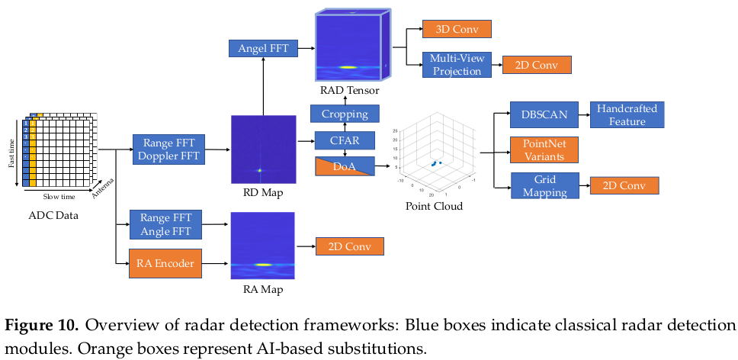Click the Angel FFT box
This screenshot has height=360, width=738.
point(262,49)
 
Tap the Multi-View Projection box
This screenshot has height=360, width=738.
point(455,64)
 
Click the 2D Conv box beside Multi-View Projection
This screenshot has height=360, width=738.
point(536,64)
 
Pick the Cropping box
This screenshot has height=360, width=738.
point(345,114)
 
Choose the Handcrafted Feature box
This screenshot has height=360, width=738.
point(627,114)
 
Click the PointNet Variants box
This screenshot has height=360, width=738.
point(544,149)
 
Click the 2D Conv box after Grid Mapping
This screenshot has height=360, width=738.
point(624,185)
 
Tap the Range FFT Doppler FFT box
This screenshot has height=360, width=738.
point(165,150)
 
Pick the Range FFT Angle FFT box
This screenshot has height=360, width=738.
point(165,224)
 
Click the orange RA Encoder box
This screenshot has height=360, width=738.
point(165,263)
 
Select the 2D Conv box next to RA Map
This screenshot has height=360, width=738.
point(349,246)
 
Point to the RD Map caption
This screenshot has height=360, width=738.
point(262,192)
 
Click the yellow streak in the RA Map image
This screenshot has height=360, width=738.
point(264,265)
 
